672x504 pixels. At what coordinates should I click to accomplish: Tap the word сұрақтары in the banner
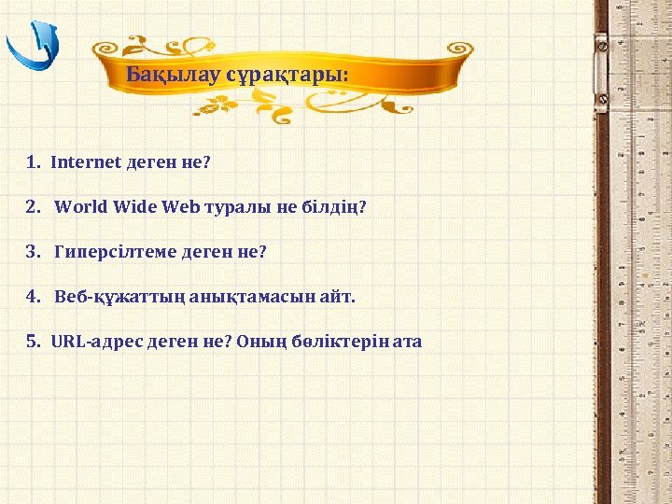coord(285,74)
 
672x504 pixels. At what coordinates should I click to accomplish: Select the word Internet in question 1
coord(86,161)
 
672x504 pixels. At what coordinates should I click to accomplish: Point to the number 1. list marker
coord(33,161)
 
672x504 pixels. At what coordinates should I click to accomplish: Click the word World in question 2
coord(81,206)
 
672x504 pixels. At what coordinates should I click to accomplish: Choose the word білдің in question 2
coord(332,206)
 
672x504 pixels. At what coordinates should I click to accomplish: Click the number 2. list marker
coord(33,206)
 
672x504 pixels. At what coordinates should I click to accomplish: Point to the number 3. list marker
coord(33,251)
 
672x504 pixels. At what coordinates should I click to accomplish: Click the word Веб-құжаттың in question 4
coord(119,296)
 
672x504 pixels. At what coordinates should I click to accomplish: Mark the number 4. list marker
coord(33,296)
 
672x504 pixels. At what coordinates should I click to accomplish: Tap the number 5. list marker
coord(33,341)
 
